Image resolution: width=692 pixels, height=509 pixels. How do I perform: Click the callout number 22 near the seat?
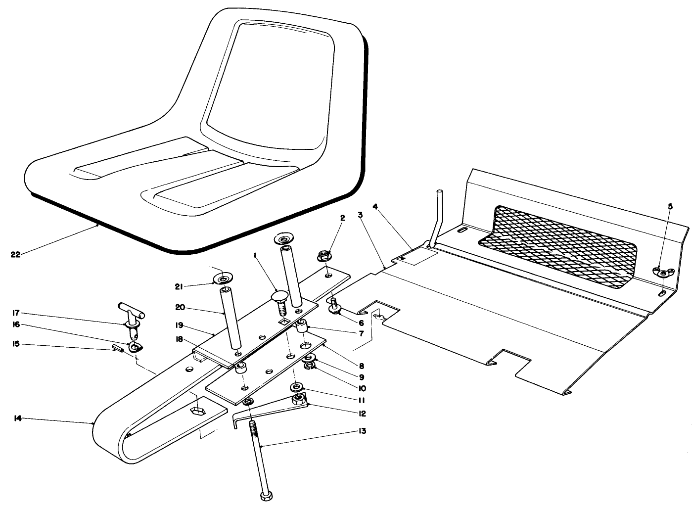point(15,254)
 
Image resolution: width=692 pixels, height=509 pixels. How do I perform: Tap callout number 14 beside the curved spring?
point(17,418)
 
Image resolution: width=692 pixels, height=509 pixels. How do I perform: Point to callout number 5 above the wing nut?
point(670,207)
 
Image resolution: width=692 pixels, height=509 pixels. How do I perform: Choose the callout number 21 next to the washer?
point(179,286)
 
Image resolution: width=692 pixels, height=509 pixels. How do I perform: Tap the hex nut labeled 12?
point(298,399)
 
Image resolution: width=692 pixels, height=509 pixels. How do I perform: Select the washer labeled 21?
point(223,278)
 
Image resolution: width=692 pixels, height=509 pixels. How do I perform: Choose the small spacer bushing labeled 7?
point(302,327)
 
